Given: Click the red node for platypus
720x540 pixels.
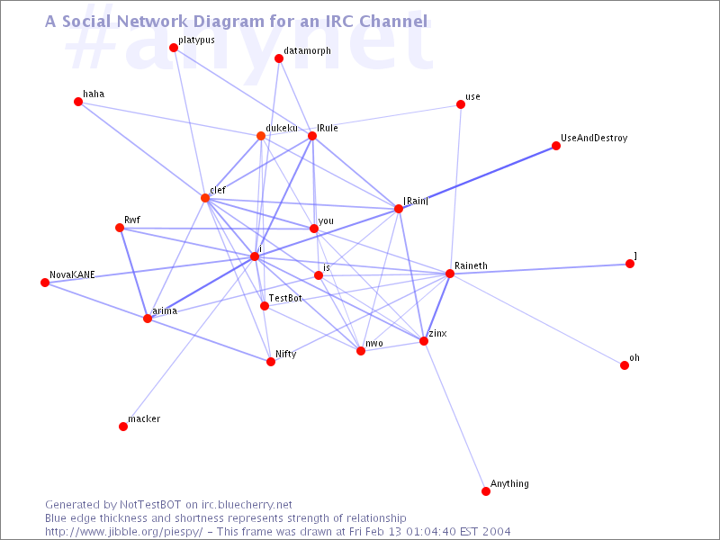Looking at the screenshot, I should point(174,48).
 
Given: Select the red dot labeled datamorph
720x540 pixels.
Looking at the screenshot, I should point(279,58).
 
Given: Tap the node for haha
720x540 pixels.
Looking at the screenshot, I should point(78,102).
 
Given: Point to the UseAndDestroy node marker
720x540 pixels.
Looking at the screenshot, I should point(556,146).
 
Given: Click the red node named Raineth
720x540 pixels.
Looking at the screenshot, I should point(450,274).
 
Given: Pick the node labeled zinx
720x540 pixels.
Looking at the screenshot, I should point(424,341).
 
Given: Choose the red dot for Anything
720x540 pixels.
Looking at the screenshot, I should point(486,491).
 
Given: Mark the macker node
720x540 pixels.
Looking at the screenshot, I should point(123,427).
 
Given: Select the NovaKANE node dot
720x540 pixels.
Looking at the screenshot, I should point(45,283).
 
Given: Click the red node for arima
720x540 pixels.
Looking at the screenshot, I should point(148,319).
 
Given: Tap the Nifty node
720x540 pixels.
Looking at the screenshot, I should point(271,362).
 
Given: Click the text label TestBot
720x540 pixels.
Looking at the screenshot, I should point(285,298).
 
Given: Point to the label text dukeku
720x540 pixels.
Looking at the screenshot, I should point(282,128).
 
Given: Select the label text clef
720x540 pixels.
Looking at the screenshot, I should point(218,191).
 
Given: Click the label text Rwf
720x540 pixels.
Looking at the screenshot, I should point(132,220).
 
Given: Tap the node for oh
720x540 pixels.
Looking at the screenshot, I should point(625,365).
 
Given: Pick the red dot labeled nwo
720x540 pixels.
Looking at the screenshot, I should point(361,351).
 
